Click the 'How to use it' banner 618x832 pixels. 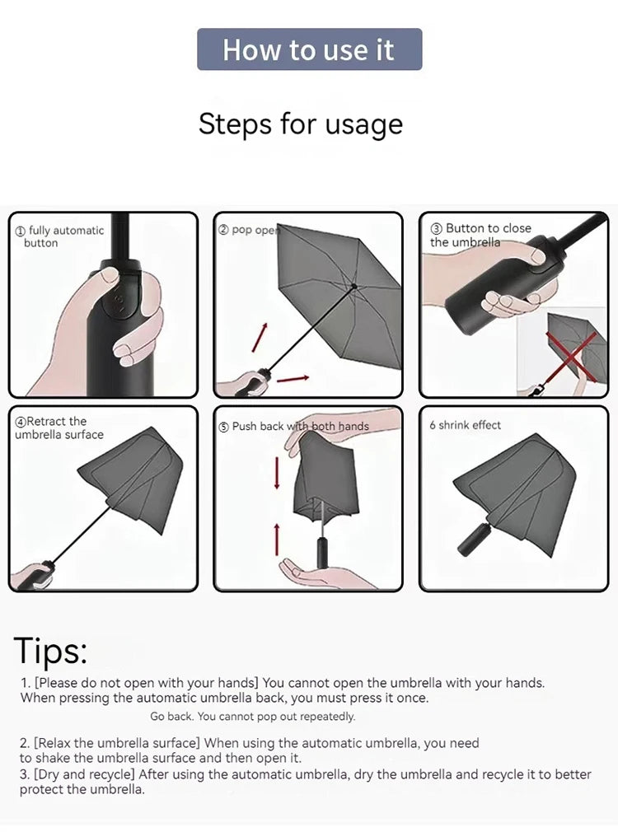coord(309,49)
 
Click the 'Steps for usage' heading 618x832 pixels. coord(301,124)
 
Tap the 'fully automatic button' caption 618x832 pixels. coord(59,236)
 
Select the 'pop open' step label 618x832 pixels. coord(248,230)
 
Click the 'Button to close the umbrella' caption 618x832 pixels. coord(480,235)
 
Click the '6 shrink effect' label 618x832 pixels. coord(465,425)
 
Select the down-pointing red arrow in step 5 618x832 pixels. coord(277,472)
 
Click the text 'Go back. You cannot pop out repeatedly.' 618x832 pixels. coord(253,717)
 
